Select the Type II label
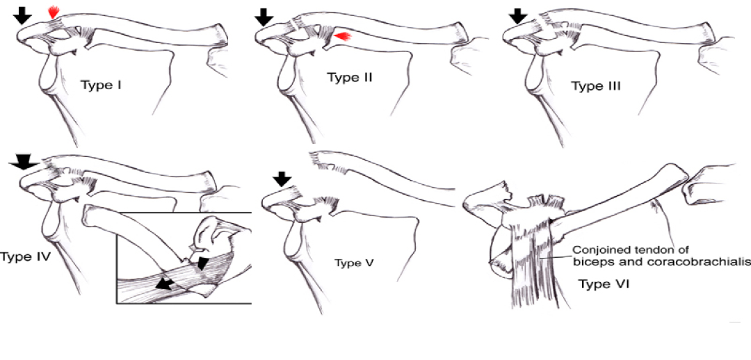350,77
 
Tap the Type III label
595,86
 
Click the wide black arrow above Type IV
23,162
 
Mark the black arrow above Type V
282,179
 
